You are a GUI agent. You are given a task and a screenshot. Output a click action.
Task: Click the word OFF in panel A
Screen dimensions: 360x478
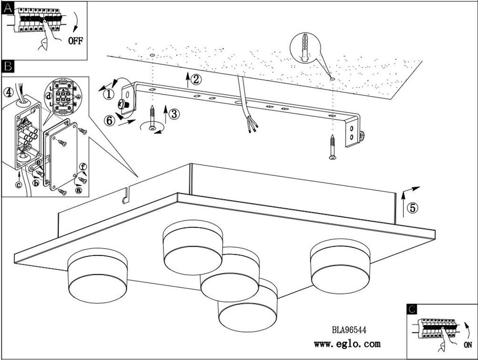[x=75, y=41]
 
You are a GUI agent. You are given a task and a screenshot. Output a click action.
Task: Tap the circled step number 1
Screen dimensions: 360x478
[x=108, y=94]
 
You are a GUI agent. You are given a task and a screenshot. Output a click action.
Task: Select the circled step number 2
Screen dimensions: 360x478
[x=196, y=79]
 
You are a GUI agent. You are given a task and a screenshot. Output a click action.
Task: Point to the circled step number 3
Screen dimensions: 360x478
[x=174, y=113]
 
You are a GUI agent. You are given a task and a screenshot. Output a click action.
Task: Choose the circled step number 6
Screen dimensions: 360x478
[x=108, y=120]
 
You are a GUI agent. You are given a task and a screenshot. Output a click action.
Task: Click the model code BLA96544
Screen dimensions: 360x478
[x=349, y=330]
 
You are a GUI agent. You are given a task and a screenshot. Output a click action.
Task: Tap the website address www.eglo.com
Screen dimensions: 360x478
[x=347, y=345]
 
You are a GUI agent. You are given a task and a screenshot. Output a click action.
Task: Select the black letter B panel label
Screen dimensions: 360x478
[x=8, y=66]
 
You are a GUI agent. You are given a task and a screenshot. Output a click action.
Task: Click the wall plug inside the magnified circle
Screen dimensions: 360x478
[x=305, y=47]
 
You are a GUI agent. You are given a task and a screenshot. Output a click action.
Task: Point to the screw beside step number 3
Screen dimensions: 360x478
[x=152, y=118]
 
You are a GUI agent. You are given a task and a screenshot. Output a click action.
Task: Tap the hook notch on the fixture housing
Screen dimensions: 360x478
[x=125, y=197]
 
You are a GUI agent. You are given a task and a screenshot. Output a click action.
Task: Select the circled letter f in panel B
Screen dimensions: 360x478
[x=83, y=166]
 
